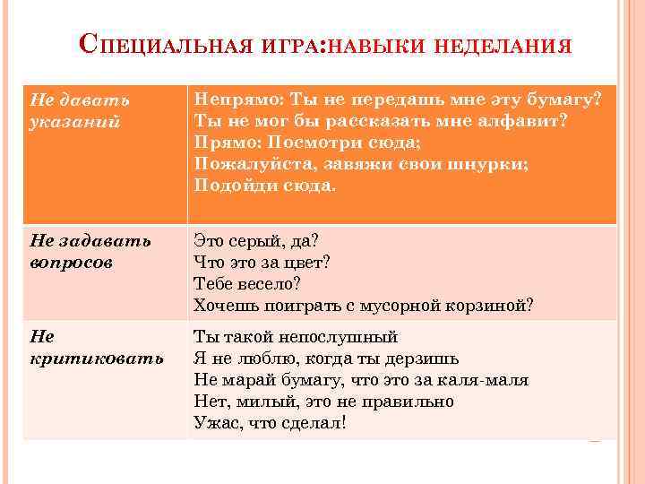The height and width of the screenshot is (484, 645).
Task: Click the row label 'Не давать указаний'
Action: point(80,108)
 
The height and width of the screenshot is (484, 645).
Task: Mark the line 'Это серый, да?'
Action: point(256,240)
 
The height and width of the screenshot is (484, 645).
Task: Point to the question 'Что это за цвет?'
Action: point(262,262)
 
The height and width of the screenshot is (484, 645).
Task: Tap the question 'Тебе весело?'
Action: point(247,283)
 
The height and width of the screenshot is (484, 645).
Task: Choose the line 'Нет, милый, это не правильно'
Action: point(323,402)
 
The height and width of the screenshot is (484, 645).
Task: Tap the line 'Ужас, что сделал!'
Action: point(270,423)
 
